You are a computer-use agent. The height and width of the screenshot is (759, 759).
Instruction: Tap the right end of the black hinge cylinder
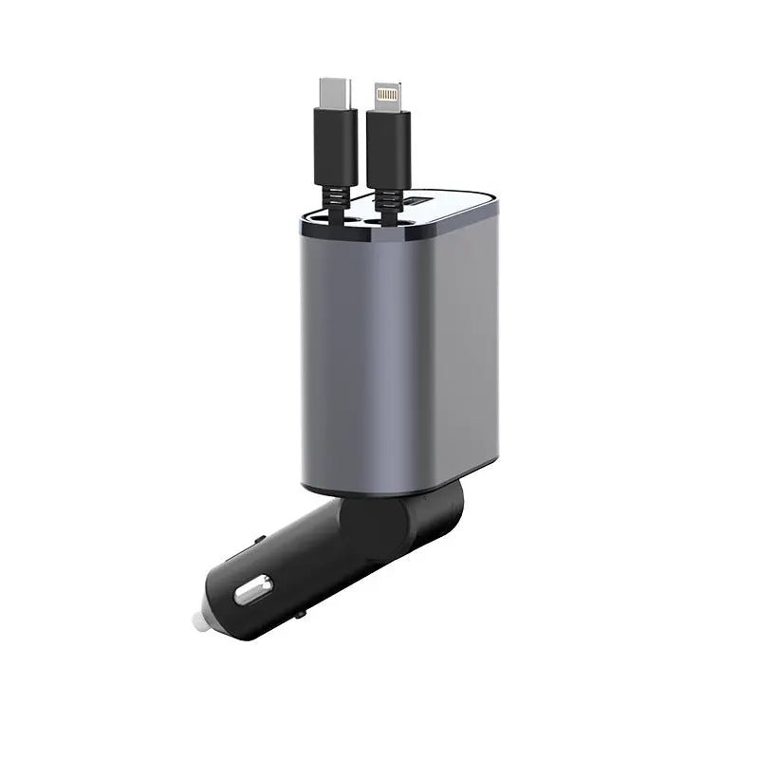[x=456, y=508]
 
